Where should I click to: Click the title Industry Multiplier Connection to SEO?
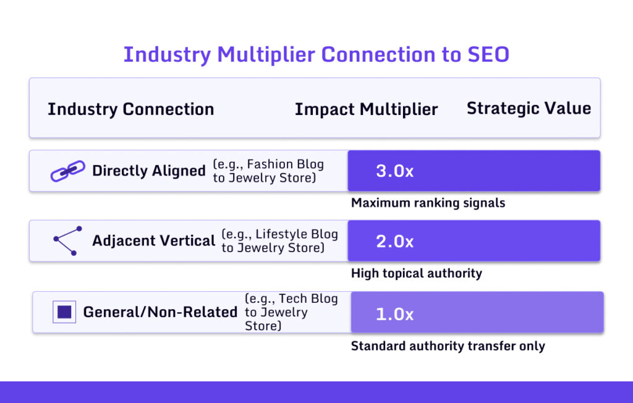(316, 54)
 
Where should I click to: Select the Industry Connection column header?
(130, 109)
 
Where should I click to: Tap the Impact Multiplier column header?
(366, 109)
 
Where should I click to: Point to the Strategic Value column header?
(529, 109)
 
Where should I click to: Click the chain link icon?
(67, 171)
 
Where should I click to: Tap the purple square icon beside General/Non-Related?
(64, 312)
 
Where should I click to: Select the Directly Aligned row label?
(148, 171)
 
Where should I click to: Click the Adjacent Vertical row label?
(153, 240)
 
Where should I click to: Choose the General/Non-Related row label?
(160, 312)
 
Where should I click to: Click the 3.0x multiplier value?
(394, 171)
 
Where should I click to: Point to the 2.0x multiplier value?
(394, 241)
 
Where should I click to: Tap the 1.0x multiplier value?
(394, 313)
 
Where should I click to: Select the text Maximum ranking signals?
(428, 203)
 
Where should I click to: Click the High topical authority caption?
(416, 273)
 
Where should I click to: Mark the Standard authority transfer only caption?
(448, 346)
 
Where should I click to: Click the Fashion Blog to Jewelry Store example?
(269, 171)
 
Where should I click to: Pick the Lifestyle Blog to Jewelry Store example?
(279, 241)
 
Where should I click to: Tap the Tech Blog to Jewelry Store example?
(291, 312)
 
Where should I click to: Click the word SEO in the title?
(485, 54)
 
